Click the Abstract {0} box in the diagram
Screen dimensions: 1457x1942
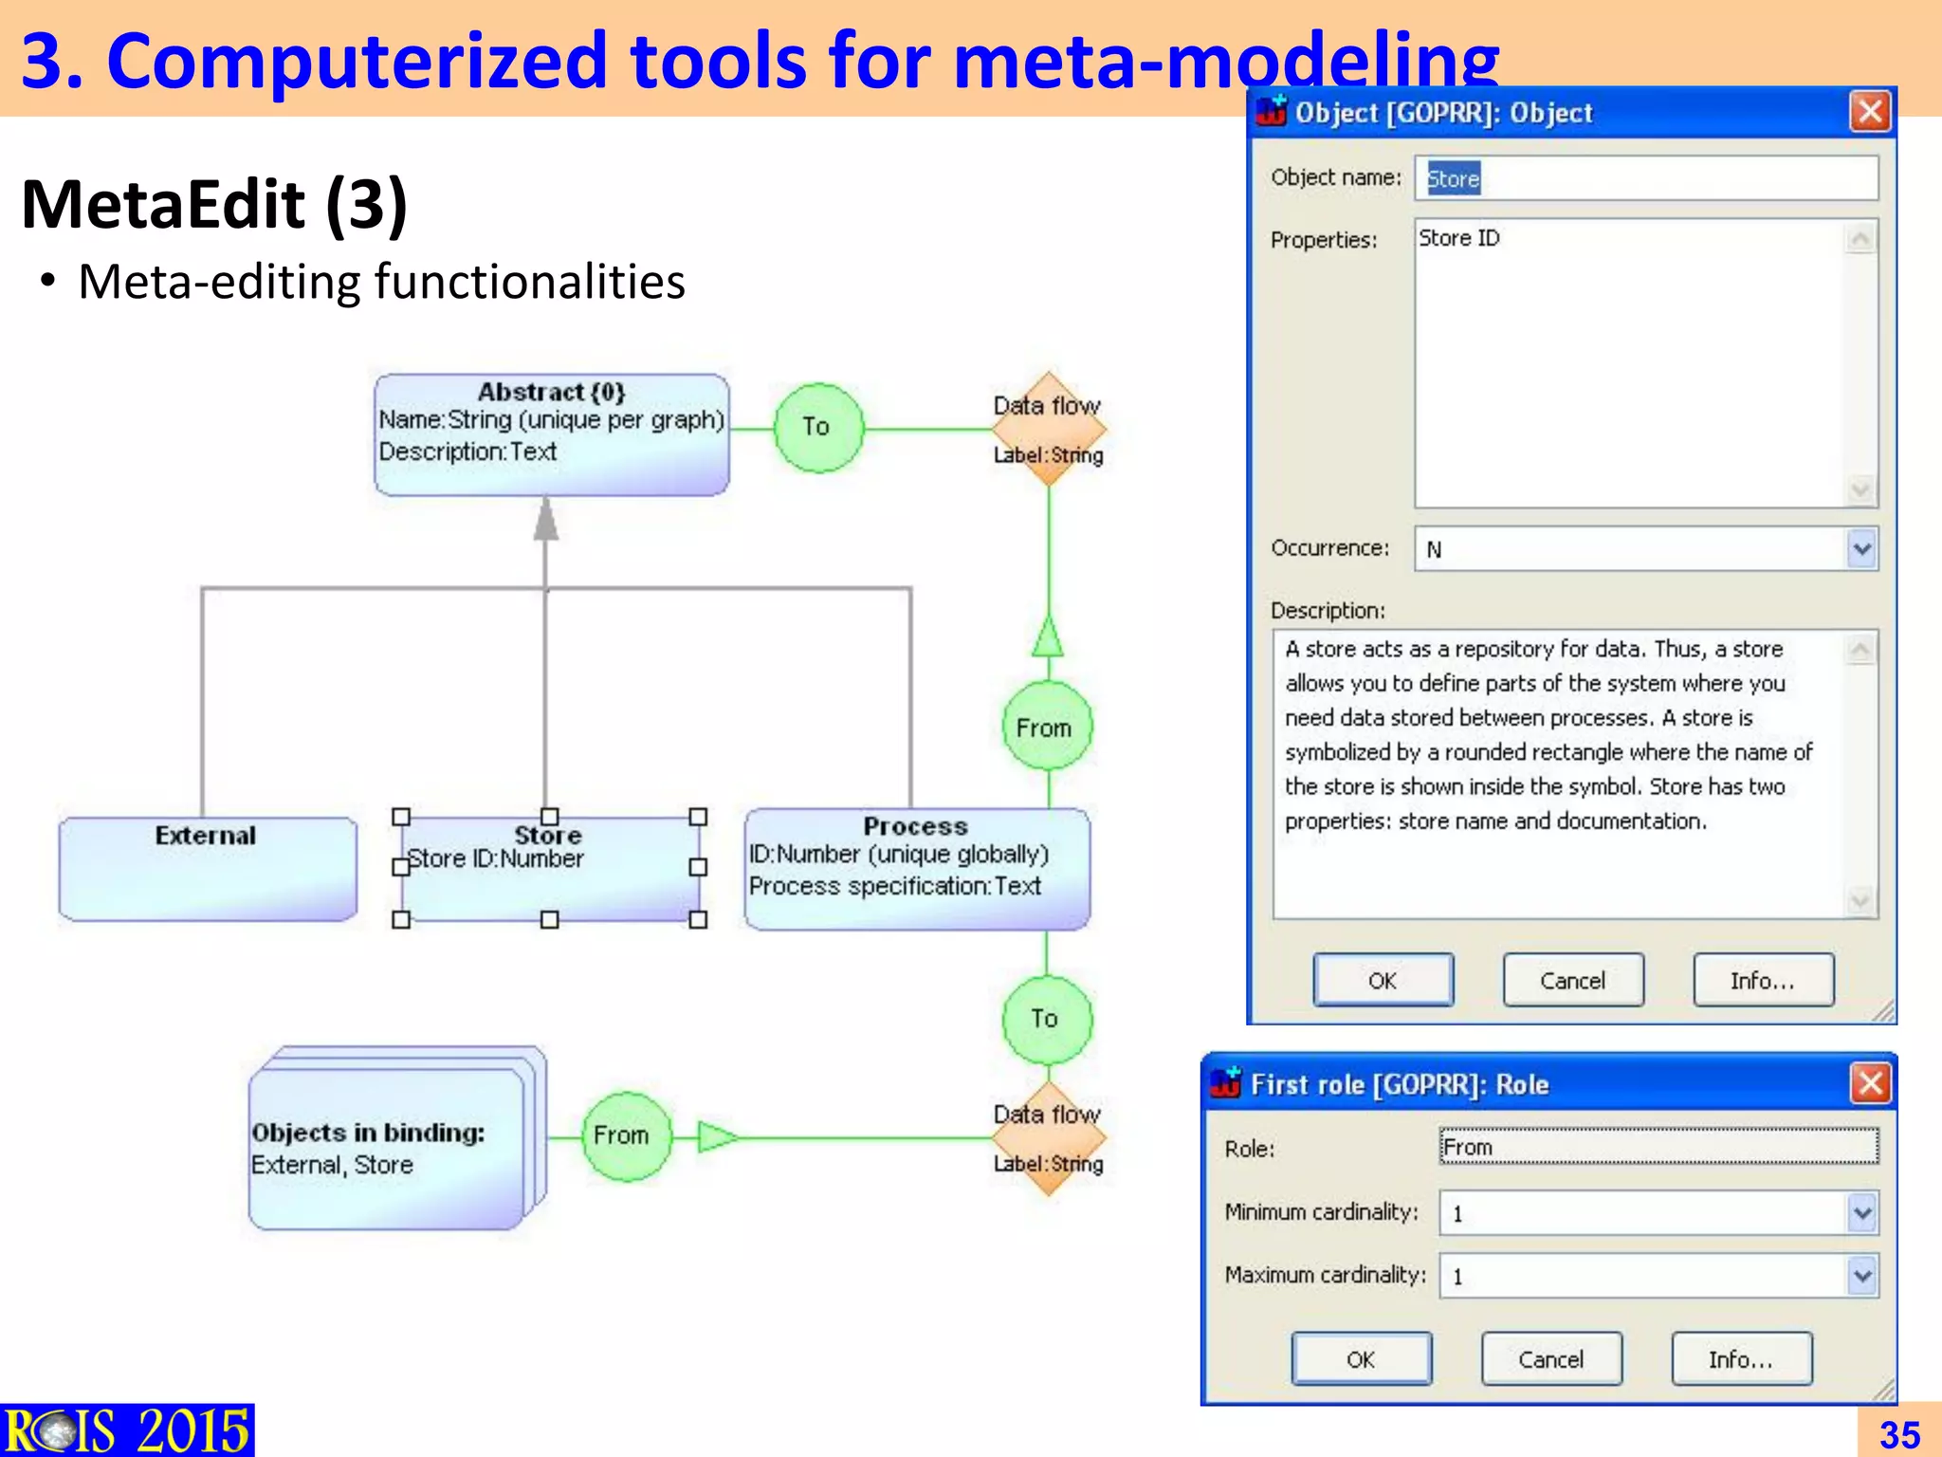[551, 434]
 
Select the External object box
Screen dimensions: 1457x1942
[208, 869]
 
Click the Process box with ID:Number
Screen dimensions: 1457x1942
[917, 869]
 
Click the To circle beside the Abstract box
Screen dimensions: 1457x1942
[817, 428]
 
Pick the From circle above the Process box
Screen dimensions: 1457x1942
[1046, 727]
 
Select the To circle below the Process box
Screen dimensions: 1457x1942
[1046, 1019]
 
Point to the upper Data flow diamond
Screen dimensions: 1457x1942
[1048, 429]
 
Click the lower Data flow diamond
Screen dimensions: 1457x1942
[1048, 1137]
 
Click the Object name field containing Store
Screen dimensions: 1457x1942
[1645, 178]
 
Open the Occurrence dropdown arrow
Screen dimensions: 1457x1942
[1861, 549]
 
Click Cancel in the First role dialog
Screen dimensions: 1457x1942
[1551, 1359]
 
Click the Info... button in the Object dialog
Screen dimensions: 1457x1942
[1763, 981]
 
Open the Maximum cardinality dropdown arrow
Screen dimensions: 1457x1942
[1861, 1276]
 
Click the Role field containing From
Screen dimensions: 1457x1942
[1658, 1148]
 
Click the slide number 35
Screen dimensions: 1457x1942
[1899, 1434]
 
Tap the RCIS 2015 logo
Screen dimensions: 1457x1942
[127, 1430]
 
